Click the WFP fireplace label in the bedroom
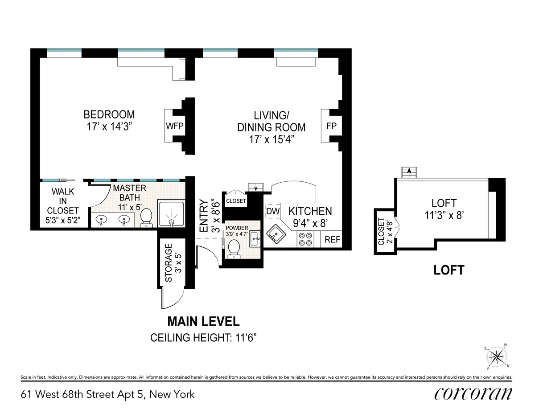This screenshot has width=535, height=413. point(174,126)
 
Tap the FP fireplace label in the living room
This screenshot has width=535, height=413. point(331,126)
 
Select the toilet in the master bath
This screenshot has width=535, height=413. point(146,218)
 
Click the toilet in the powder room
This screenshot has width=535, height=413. point(234,249)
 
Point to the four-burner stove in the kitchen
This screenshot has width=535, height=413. point(305,239)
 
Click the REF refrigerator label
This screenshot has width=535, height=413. point(332,239)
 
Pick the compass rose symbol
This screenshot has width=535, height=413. point(496,356)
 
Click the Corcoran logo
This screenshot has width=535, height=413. point(473,393)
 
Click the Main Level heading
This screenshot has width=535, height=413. point(203,321)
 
